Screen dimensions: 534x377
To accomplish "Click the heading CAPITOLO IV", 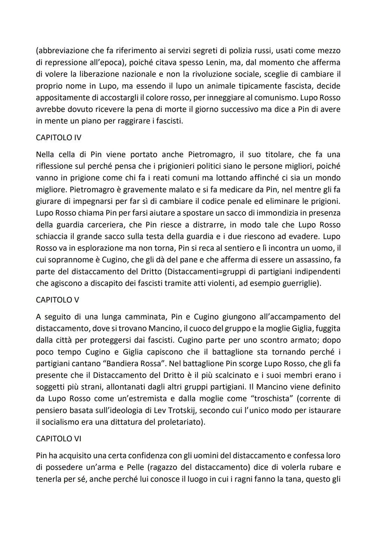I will click(x=58, y=137).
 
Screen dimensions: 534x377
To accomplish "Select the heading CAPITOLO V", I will click(x=57, y=300).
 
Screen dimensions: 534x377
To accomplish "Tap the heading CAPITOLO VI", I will click(x=58, y=439).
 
